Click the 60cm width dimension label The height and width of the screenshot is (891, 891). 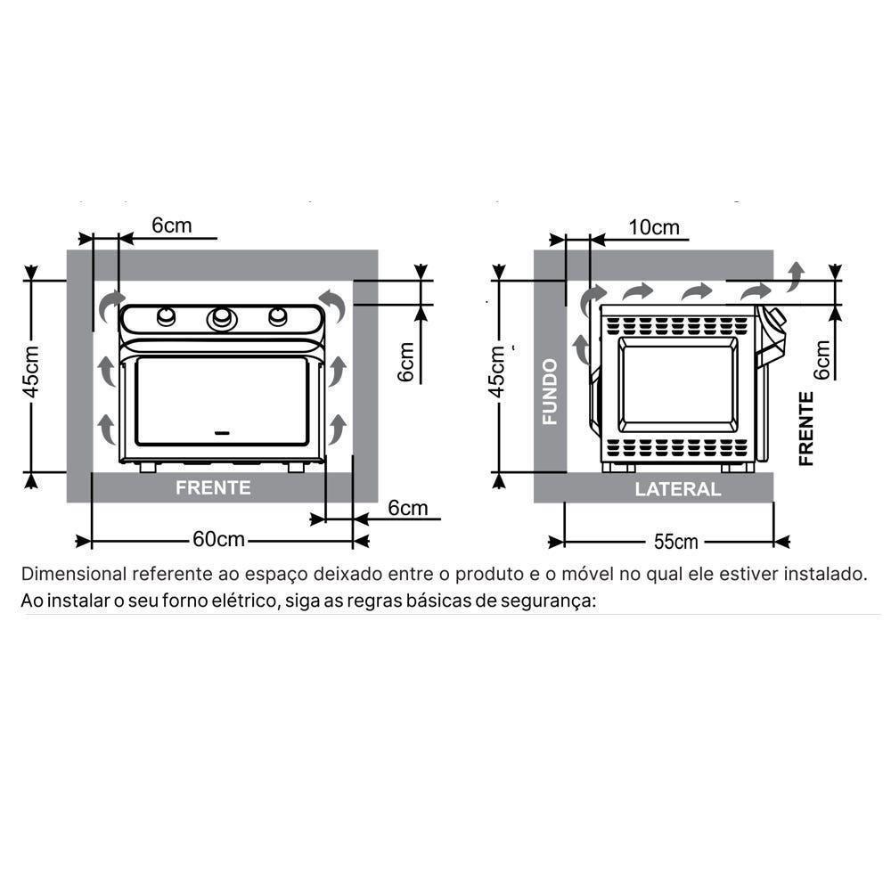[x=218, y=540]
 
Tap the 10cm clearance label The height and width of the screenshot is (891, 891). [x=653, y=226]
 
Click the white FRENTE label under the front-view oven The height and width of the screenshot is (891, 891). [x=213, y=487]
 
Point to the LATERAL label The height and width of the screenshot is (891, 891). [x=677, y=488]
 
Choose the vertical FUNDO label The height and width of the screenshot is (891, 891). [x=550, y=391]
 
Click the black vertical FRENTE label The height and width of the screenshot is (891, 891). [x=806, y=429]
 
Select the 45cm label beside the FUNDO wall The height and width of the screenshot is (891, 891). [x=498, y=372]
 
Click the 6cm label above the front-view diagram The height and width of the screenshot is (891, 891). [x=171, y=225]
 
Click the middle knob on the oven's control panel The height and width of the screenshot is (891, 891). [x=221, y=317]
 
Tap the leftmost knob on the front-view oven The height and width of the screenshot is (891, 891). [x=166, y=316]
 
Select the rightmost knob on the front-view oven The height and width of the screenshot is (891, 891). [x=278, y=316]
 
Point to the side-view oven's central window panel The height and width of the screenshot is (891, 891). [x=676, y=383]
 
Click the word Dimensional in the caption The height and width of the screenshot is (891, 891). [x=76, y=573]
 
